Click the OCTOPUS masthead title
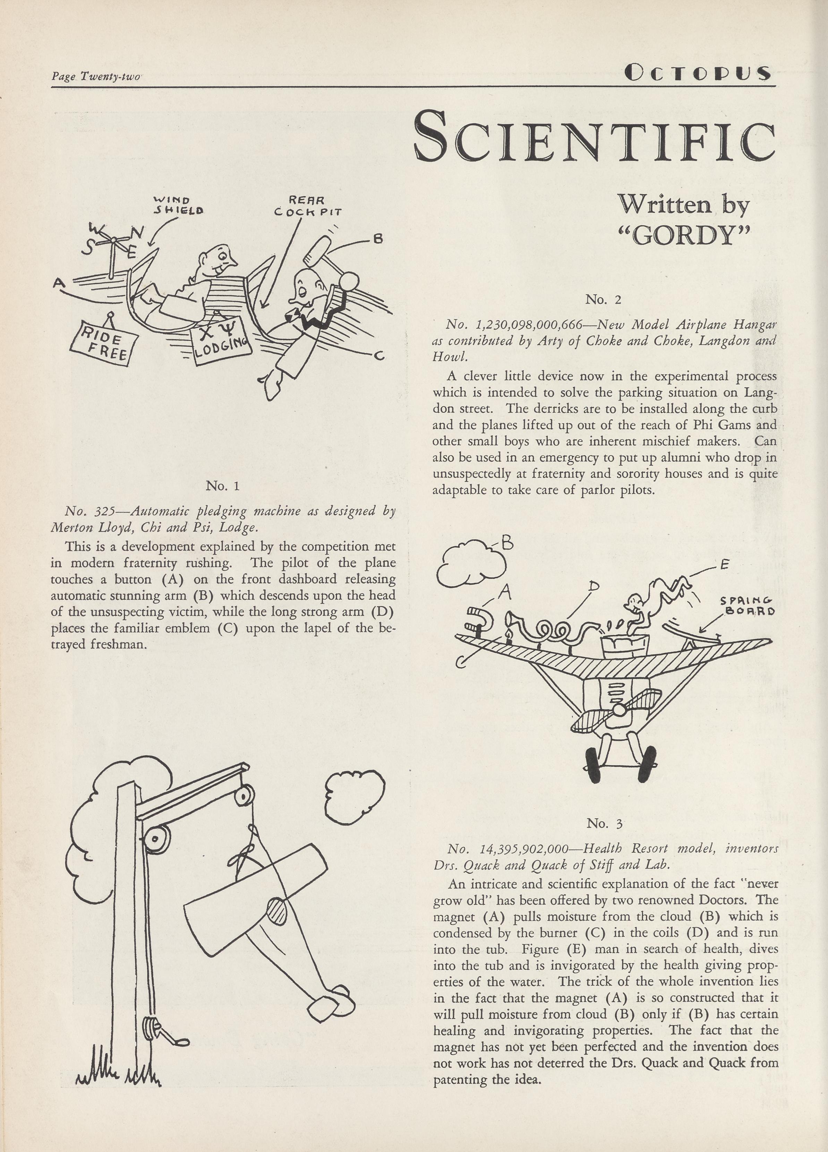[x=698, y=74]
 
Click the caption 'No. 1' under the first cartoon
[x=222, y=486]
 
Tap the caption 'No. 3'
[x=604, y=823]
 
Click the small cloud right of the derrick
[x=354, y=798]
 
